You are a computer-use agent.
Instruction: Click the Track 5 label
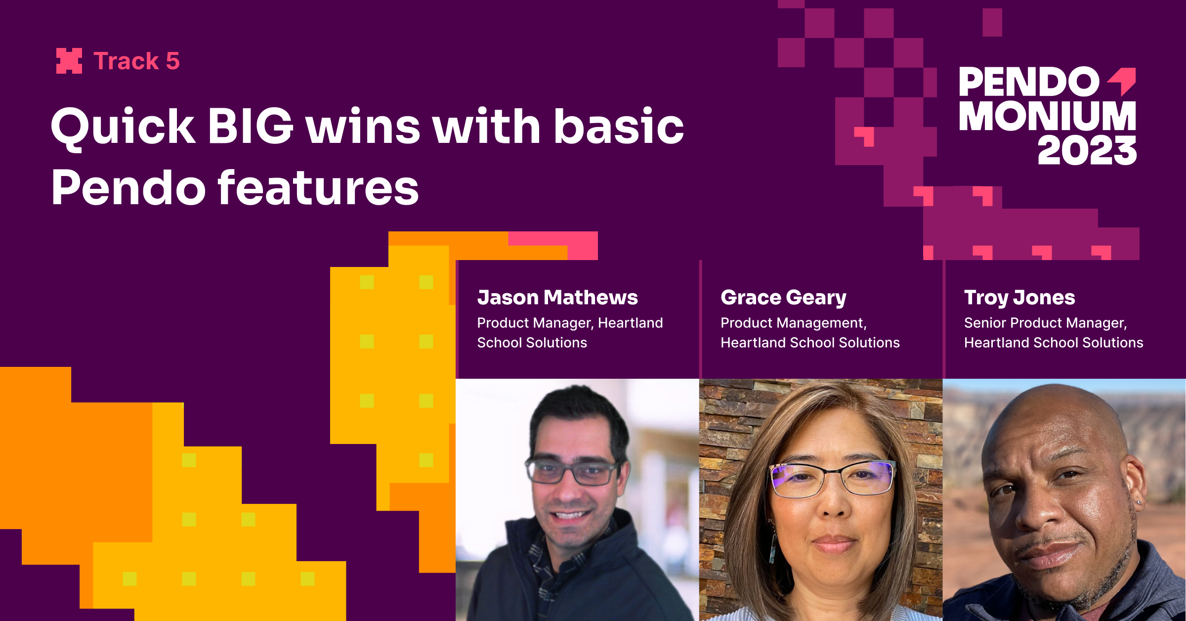click(136, 61)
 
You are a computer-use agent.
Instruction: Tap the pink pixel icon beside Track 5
click(69, 61)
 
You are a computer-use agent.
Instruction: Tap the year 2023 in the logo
click(1087, 150)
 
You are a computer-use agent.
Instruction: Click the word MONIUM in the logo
click(1048, 116)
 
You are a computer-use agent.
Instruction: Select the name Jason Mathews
click(557, 298)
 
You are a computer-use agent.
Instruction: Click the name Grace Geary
click(783, 298)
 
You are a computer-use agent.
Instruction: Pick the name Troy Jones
click(1019, 298)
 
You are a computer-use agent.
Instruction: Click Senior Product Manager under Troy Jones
click(1045, 323)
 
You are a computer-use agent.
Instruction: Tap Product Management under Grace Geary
click(794, 323)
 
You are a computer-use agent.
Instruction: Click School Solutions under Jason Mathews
click(532, 343)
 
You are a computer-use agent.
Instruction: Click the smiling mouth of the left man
click(571, 515)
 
